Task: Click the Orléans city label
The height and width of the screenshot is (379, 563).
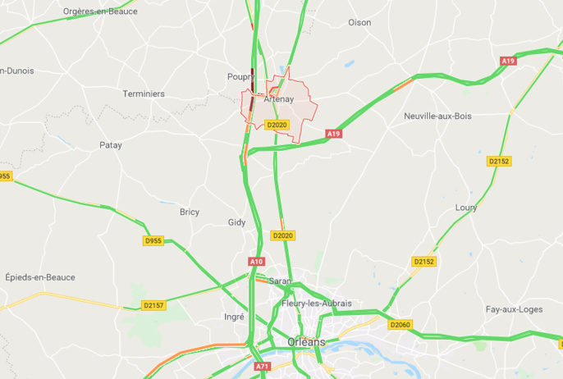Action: [306, 341]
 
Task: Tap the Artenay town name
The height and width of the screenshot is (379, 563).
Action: [279, 99]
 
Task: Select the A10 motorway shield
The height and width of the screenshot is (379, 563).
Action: [257, 261]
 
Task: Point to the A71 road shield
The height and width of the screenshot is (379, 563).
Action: [262, 366]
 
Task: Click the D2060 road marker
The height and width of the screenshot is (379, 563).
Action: [400, 325]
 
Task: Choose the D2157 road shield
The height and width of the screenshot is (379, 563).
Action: [153, 305]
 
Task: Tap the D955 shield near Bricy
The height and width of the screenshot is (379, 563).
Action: [153, 240]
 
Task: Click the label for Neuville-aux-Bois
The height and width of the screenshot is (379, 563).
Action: [437, 116]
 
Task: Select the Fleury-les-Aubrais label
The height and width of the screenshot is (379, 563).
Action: [316, 304]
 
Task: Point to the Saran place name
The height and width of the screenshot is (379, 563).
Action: [280, 281]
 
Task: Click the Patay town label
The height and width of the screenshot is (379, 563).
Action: [111, 145]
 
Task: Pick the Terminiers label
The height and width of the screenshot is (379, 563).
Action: [144, 94]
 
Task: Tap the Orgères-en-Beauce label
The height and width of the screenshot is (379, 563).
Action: [100, 11]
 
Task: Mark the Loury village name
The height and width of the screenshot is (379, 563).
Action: [466, 208]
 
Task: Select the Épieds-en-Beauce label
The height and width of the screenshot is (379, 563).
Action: [39, 277]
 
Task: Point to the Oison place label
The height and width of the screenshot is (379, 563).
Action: [359, 22]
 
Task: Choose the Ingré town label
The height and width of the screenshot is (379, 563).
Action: [234, 316]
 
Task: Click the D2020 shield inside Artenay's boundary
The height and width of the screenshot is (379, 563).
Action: [277, 125]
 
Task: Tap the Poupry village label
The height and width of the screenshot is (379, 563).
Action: [241, 76]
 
